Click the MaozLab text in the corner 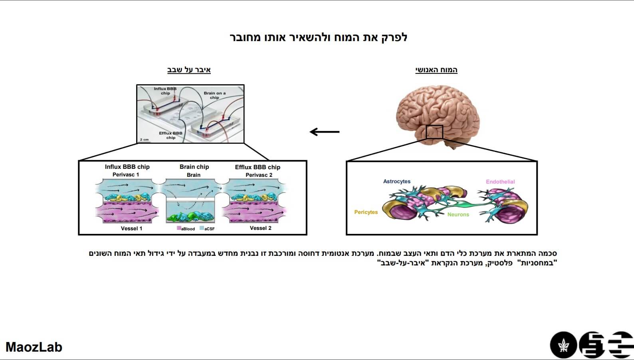[34, 347]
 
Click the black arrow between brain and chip [324, 132]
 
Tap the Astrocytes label [396, 182]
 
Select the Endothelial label [500, 182]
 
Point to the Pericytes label [366, 212]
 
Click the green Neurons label [458, 215]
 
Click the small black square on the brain [434, 132]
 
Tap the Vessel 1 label [131, 228]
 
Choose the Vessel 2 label [260, 228]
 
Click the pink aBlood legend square [179, 228]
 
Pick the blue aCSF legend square [202, 228]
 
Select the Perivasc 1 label [126, 175]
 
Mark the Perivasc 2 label [259, 175]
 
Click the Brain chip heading [194, 167]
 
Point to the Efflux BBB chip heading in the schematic [258, 167]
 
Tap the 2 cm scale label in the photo [145, 140]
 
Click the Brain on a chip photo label [214, 95]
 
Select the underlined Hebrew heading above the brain [436, 70]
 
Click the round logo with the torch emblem [563, 345]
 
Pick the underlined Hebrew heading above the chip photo [189, 70]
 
